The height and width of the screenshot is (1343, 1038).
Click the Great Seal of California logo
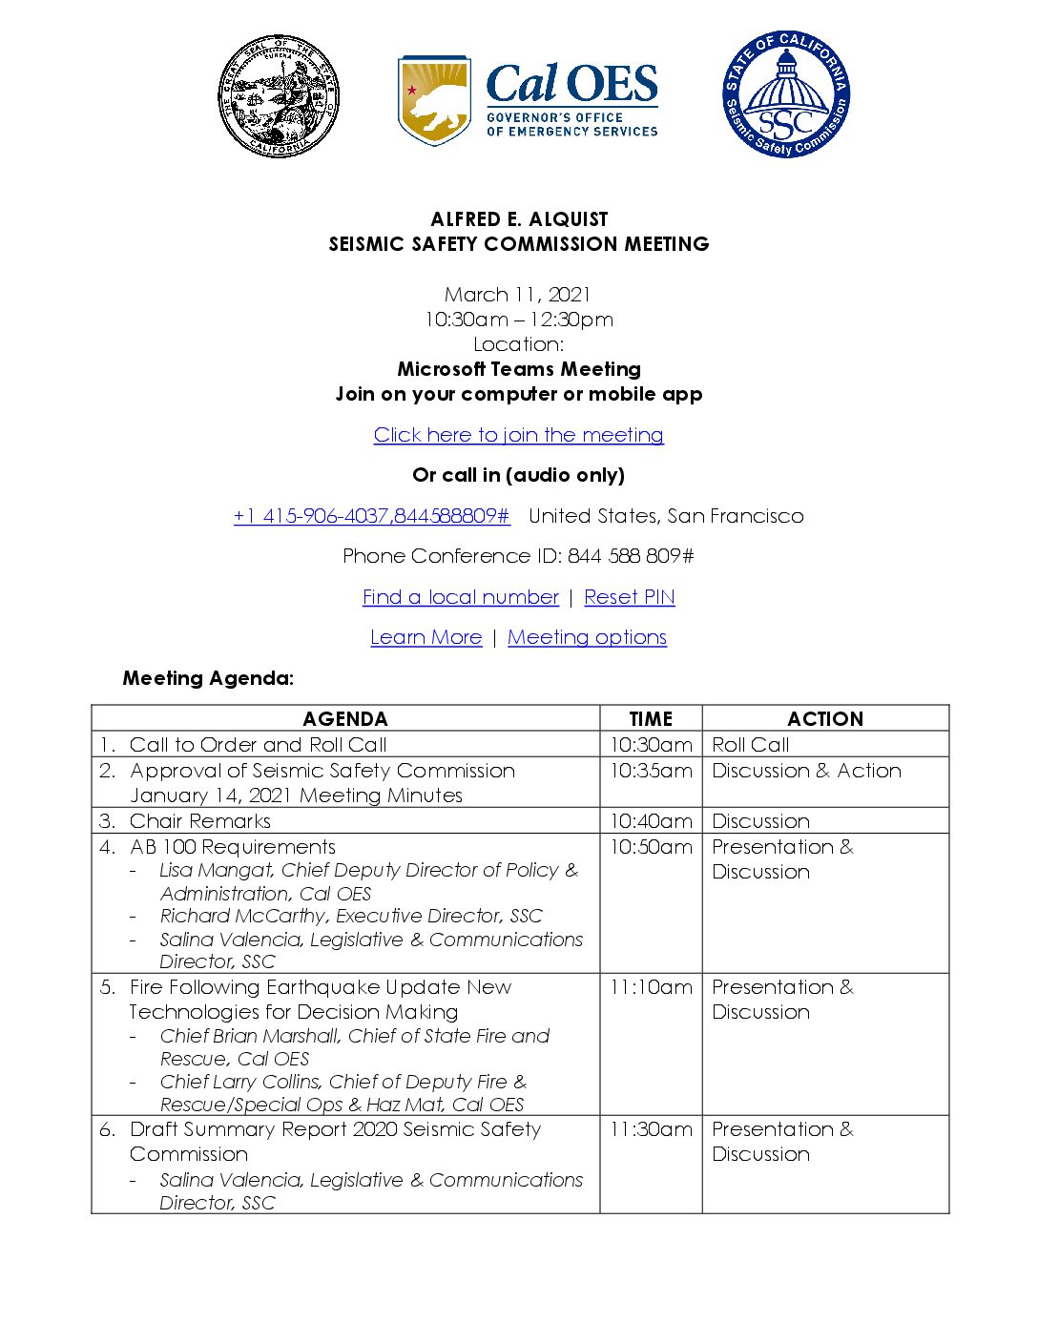pyautogui.click(x=279, y=97)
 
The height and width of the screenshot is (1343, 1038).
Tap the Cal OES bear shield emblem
pyautogui.click(x=434, y=99)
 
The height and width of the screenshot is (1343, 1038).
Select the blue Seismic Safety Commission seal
pyautogui.click(x=785, y=94)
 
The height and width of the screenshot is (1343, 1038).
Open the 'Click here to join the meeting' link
pyautogui.click(x=518, y=435)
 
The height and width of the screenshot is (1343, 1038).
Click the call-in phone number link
pyautogui.click(x=371, y=516)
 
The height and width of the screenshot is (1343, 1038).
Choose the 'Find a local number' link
pyautogui.click(x=460, y=597)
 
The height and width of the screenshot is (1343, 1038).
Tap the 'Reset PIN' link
pyautogui.click(x=629, y=597)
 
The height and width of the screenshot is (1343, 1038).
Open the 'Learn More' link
pyautogui.click(x=426, y=637)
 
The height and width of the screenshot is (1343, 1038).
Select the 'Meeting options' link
pyautogui.click(x=587, y=637)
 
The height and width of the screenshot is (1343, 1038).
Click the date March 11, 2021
pyautogui.click(x=518, y=295)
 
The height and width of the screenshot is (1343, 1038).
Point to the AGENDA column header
pyautogui.click(x=344, y=719)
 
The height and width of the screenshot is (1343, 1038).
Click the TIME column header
pyautogui.click(x=651, y=719)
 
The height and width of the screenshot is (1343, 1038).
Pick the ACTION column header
pyautogui.click(x=825, y=719)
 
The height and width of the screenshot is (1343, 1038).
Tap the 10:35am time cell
pyautogui.click(x=651, y=771)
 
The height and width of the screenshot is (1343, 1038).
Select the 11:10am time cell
pyautogui.click(x=651, y=987)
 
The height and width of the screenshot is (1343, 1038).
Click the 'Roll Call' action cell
pyautogui.click(x=751, y=745)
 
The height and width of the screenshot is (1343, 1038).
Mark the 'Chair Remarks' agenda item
pyautogui.click(x=200, y=821)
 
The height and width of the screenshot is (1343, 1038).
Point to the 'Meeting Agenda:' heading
pyautogui.click(x=208, y=678)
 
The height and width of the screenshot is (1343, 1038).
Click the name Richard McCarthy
pyautogui.click(x=243, y=917)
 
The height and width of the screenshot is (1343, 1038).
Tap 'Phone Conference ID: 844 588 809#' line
pyautogui.click(x=518, y=556)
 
